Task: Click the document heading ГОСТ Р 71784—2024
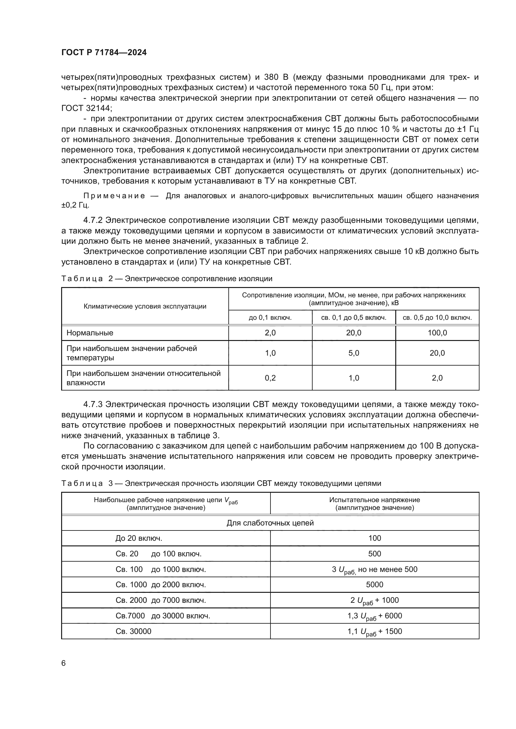click(x=104, y=53)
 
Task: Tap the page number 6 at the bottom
click(x=64, y=663)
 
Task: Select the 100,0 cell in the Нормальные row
click(x=437, y=333)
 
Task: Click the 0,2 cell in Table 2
click(x=270, y=378)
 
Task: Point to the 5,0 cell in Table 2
click(x=354, y=353)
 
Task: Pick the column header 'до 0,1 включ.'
click(x=270, y=318)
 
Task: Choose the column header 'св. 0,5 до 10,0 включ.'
click(x=437, y=318)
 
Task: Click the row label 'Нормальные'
click(x=90, y=333)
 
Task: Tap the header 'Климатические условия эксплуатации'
click(x=145, y=306)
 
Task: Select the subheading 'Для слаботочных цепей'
click(x=270, y=523)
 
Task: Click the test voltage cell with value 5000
click(x=375, y=584)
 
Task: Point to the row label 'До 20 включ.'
click(x=139, y=538)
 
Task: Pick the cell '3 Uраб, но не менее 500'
click(x=375, y=569)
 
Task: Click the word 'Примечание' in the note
click(x=114, y=196)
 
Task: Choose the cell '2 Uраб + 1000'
click(x=375, y=600)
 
